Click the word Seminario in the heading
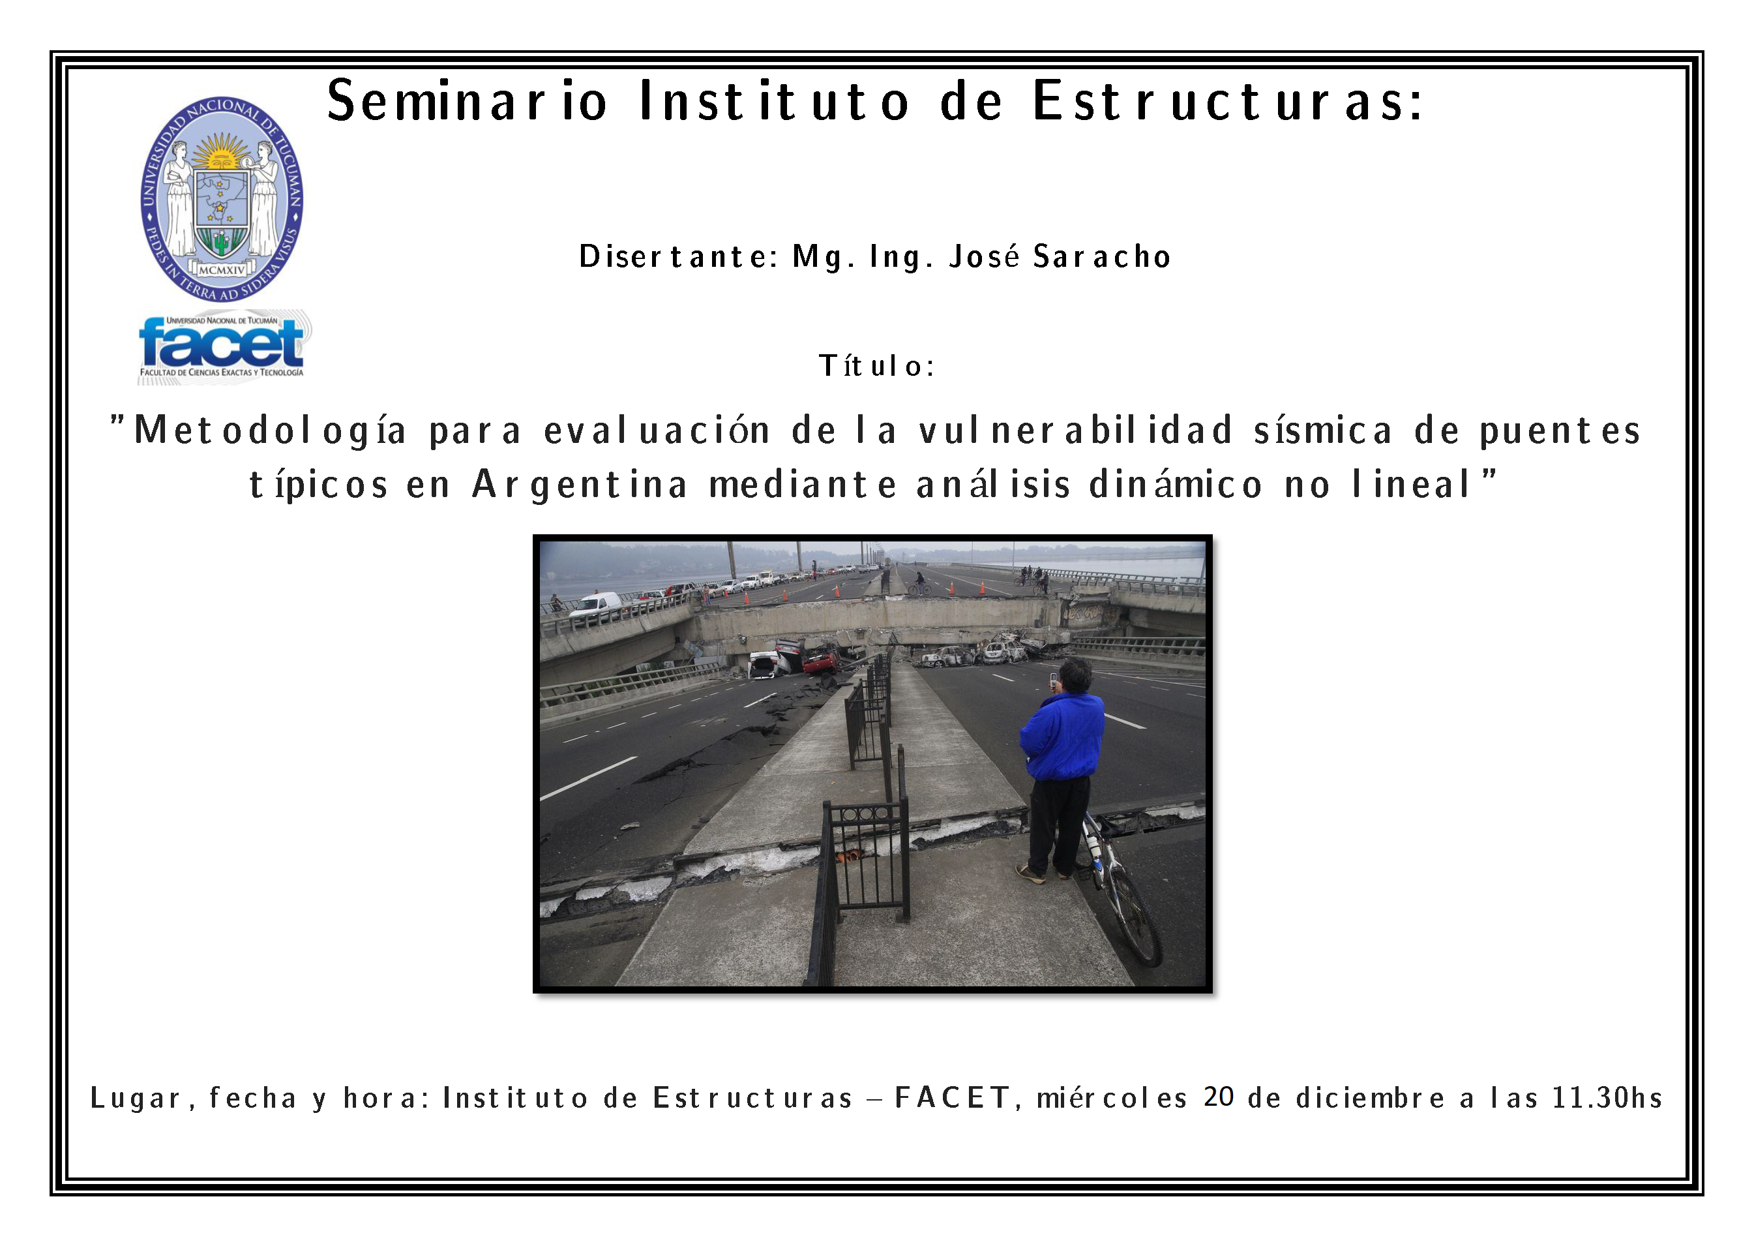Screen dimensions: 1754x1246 click(468, 100)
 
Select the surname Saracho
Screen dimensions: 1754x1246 click(1102, 257)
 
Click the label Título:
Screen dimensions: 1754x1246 click(876, 366)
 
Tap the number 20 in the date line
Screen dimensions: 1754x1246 click(1218, 1097)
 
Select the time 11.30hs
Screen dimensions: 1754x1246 click(1607, 1097)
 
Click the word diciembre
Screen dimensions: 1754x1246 click(1370, 1097)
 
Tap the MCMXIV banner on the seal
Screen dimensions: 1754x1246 click(222, 270)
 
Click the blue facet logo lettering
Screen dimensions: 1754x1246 click(222, 343)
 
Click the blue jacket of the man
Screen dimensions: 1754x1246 click(1063, 736)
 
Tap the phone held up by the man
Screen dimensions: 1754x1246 click(1054, 679)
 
